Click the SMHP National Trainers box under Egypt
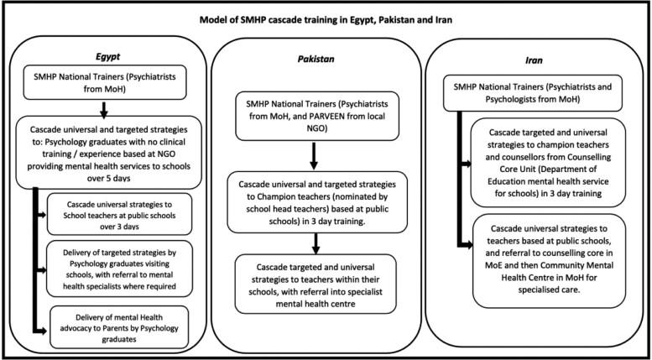coord(102,82)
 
